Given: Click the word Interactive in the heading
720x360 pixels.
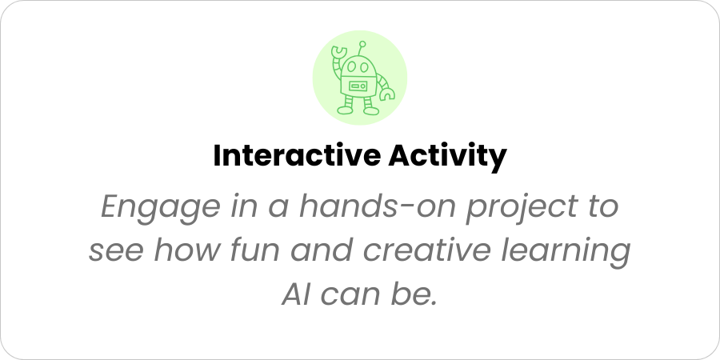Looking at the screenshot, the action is coord(297,156).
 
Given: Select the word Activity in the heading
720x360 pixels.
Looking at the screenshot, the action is coord(447,157).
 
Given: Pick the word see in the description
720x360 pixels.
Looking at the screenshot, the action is coord(116,250).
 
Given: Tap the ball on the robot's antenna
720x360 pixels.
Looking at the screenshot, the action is coord(362,44).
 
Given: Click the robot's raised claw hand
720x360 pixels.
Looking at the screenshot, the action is coord(339,51).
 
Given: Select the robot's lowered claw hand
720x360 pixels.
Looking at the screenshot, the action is coord(387,94).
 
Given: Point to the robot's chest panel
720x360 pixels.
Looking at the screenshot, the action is coord(358,86).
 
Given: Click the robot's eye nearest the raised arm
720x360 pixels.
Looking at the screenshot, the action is coord(352,66).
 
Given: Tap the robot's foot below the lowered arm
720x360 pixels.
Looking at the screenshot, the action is coord(371,110).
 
